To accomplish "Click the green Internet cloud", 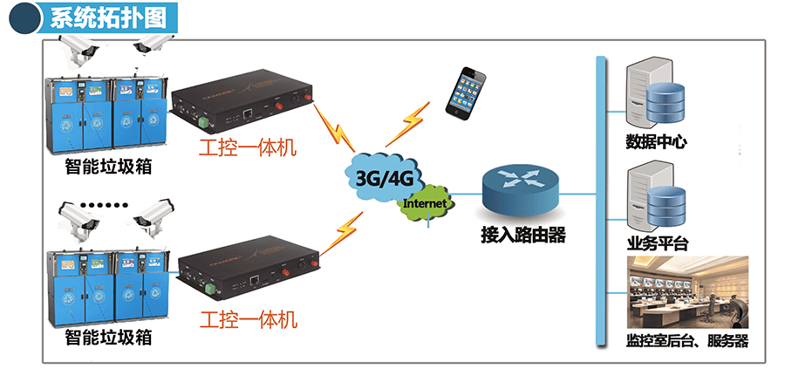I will pyautogui.click(x=427, y=203).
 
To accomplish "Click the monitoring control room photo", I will pyautogui.click(x=688, y=292).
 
